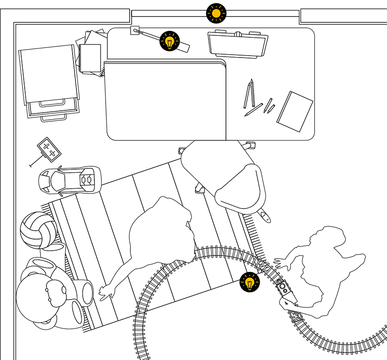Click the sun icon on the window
216,13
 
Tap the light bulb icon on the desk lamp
169,41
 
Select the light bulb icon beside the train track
250,282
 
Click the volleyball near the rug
38,230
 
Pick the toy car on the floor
70,179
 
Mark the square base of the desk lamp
135,30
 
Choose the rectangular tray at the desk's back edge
238,44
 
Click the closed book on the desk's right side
295,111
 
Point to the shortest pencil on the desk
271,108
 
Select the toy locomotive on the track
284,289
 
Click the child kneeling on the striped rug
160,237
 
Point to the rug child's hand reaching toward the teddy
104,293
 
